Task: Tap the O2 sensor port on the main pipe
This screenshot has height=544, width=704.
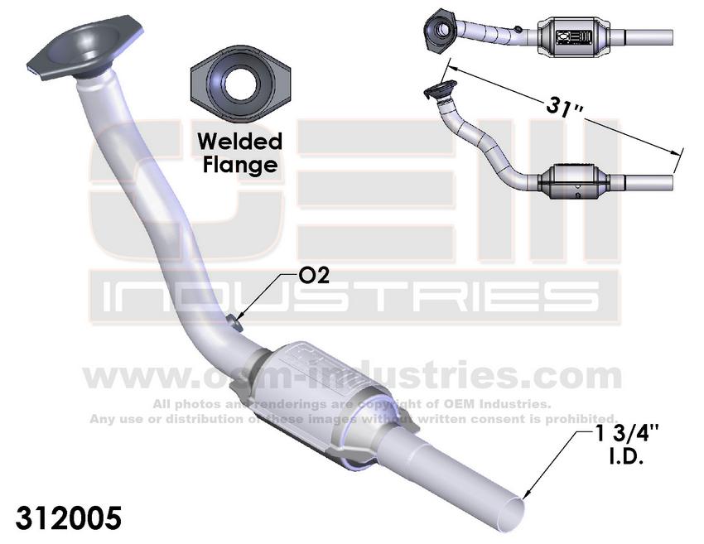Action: pyautogui.click(x=236, y=321)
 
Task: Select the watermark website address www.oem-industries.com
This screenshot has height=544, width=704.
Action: pyautogui.click(x=351, y=377)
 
